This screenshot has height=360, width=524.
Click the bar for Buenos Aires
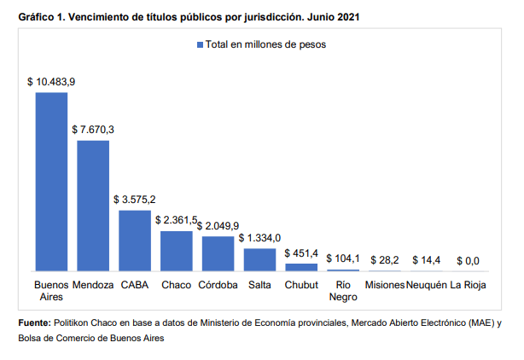pyautogui.click(x=51, y=182)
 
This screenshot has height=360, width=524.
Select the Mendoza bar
pyautogui.click(x=93, y=206)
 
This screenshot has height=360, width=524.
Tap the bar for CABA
pyautogui.click(x=135, y=241)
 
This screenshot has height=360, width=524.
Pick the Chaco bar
pyautogui.click(x=177, y=251)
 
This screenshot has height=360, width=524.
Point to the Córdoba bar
pyautogui.click(x=218, y=253)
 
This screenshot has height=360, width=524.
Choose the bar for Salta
pyautogui.click(x=259, y=259)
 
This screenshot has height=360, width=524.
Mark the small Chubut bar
pyautogui.click(x=301, y=267)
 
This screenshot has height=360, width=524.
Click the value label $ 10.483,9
pyautogui.click(x=51, y=82)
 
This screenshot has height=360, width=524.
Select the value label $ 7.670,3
pyautogui.click(x=93, y=130)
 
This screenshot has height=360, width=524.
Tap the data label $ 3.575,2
pyautogui.click(x=135, y=200)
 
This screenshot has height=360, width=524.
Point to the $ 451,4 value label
pyautogui.click(x=301, y=253)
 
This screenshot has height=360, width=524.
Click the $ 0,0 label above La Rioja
pyautogui.click(x=468, y=261)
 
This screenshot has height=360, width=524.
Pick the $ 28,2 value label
pyautogui.click(x=385, y=260)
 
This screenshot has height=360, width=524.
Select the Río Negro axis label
pyautogui.click(x=343, y=291)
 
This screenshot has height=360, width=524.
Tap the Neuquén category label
pyautogui.click(x=427, y=285)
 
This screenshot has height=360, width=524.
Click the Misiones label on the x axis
pyautogui.click(x=385, y=285)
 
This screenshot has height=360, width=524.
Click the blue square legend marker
pyautogui.click(x=201, y=44)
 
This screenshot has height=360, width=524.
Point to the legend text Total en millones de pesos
pyautogui.click(x=265, y=44)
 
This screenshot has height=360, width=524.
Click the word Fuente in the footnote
pyautogui.click(x=34, y=323)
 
